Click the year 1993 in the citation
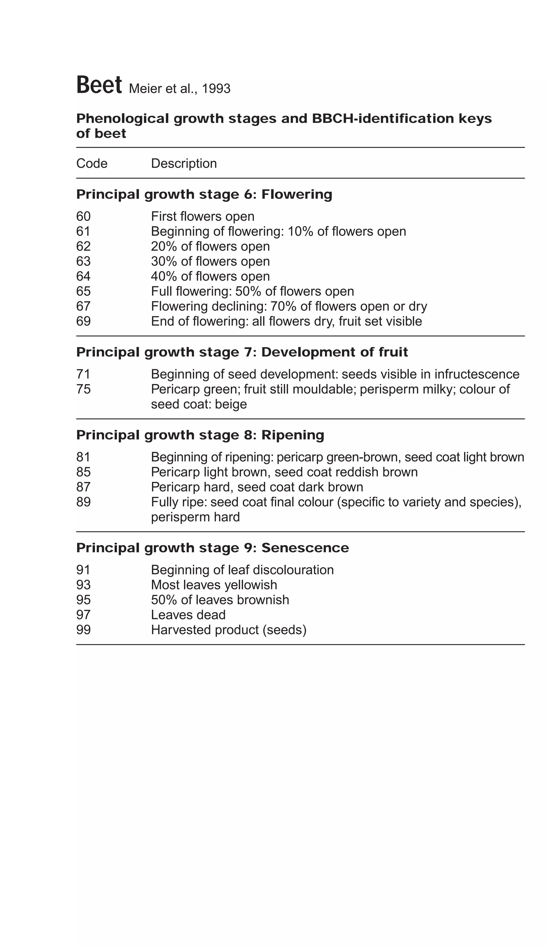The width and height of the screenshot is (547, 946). (216, 89)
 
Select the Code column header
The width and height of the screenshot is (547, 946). (92, 163)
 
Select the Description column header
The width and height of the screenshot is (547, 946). (183, 163)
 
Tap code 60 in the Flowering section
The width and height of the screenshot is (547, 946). (83, 216)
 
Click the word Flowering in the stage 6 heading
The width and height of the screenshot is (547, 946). (296, 194)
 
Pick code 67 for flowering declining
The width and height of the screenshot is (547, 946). (83, 306)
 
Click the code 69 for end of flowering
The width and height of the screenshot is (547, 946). (83, 321)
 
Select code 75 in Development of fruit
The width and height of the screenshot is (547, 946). (83, 389)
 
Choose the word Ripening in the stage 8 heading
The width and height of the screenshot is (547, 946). (292, 435)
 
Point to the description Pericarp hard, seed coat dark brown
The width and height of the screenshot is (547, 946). (257, 487)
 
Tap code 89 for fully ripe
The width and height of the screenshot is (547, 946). (83, 502)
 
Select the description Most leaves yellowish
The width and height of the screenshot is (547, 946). (214, 585)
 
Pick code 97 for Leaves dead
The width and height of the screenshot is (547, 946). (83, 615)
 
